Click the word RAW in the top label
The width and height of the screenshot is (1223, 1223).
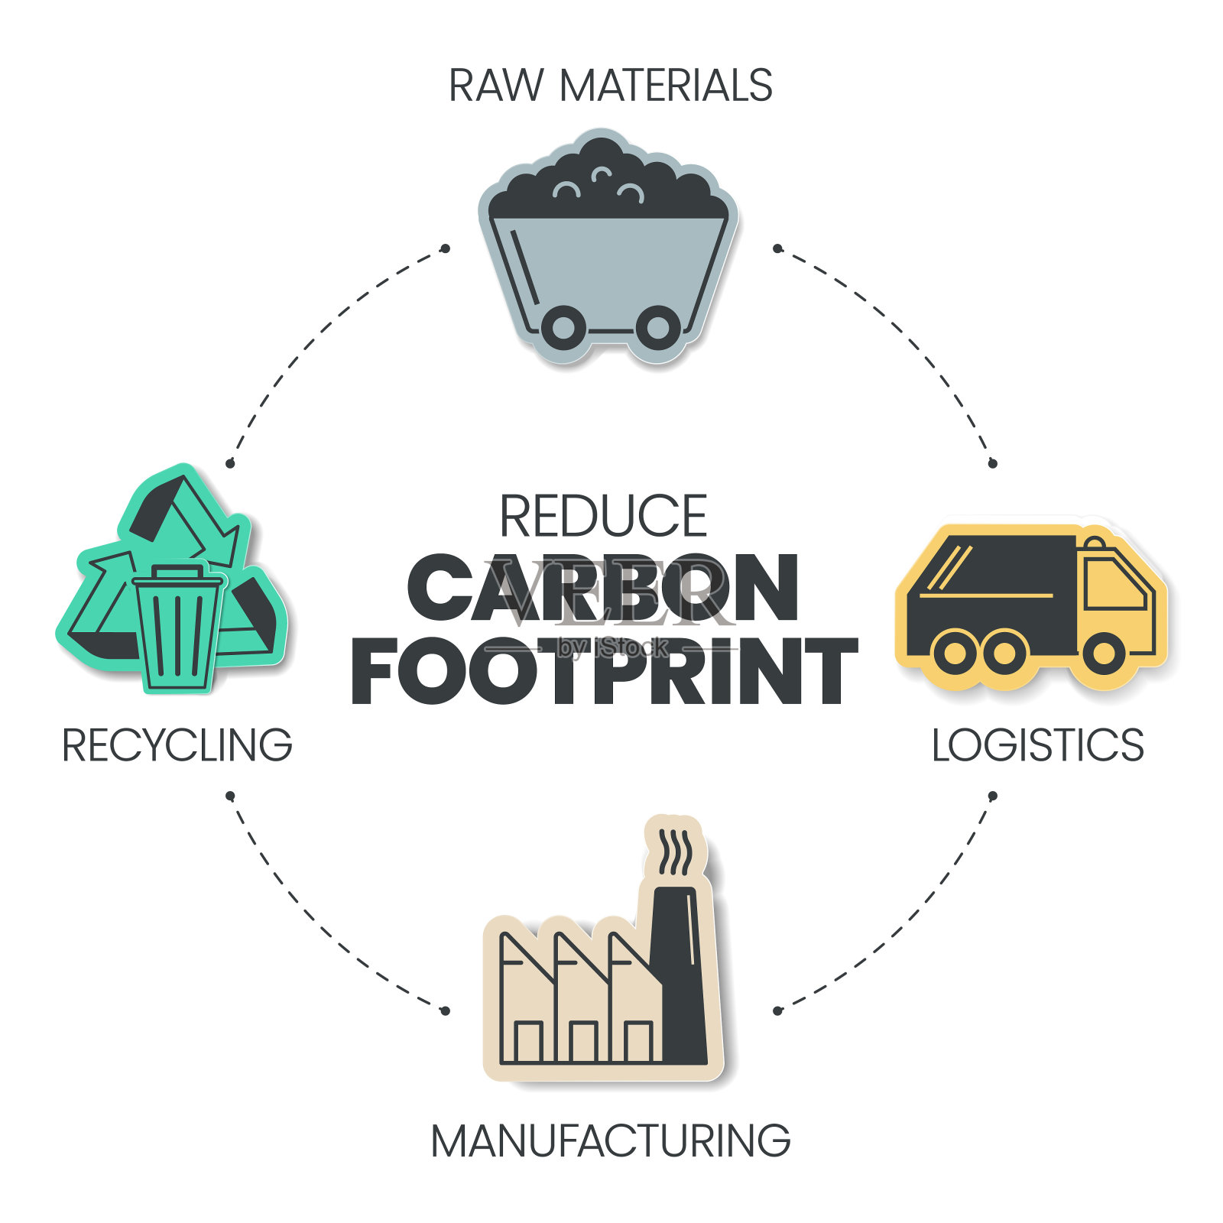(x=495, y=85)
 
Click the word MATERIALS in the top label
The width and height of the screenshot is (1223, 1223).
(x=666, y=85)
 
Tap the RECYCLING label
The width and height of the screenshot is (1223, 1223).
(x=177, y=745)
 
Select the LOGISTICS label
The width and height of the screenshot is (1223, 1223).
(x=1037, y=745)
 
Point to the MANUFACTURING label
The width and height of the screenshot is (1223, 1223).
(x=610, y=1141)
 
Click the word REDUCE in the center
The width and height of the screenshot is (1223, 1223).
(x=603, y=517)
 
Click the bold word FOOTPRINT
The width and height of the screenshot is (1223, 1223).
(x=604, y=671)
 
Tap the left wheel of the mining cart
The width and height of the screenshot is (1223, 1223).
(x=563, y=328)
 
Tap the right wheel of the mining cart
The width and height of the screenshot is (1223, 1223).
(x=658, y=328)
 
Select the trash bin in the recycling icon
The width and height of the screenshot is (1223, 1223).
(x=178, y=627)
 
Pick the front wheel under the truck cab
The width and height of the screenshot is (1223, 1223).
(x=1104, y=653)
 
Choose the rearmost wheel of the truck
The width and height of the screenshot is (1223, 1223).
(x=955, y=653)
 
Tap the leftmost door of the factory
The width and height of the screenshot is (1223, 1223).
(x=528, y=1041)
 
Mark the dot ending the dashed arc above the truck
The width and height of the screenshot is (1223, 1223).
(x=993, y=463)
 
